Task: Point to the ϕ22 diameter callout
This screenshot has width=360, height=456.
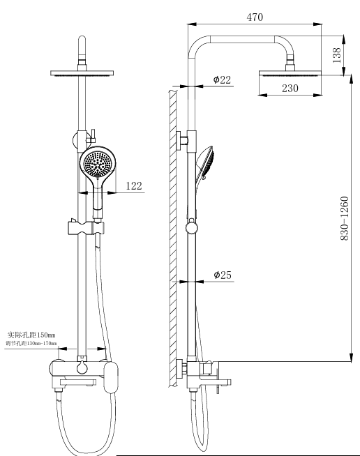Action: [x=222, y=79]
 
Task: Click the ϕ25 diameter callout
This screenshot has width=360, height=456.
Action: [x=222, y=275]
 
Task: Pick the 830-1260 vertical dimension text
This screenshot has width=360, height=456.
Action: [x=344, y=219]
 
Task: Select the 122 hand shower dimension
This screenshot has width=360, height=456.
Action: [x=134, y=185]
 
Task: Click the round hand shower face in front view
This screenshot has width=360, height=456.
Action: [x=98, y=165]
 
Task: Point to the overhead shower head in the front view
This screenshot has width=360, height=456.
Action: [x=83, y=73]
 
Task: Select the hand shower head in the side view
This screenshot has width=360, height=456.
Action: [x=208, y=165]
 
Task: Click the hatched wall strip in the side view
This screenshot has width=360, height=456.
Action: [x=172, y=237]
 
